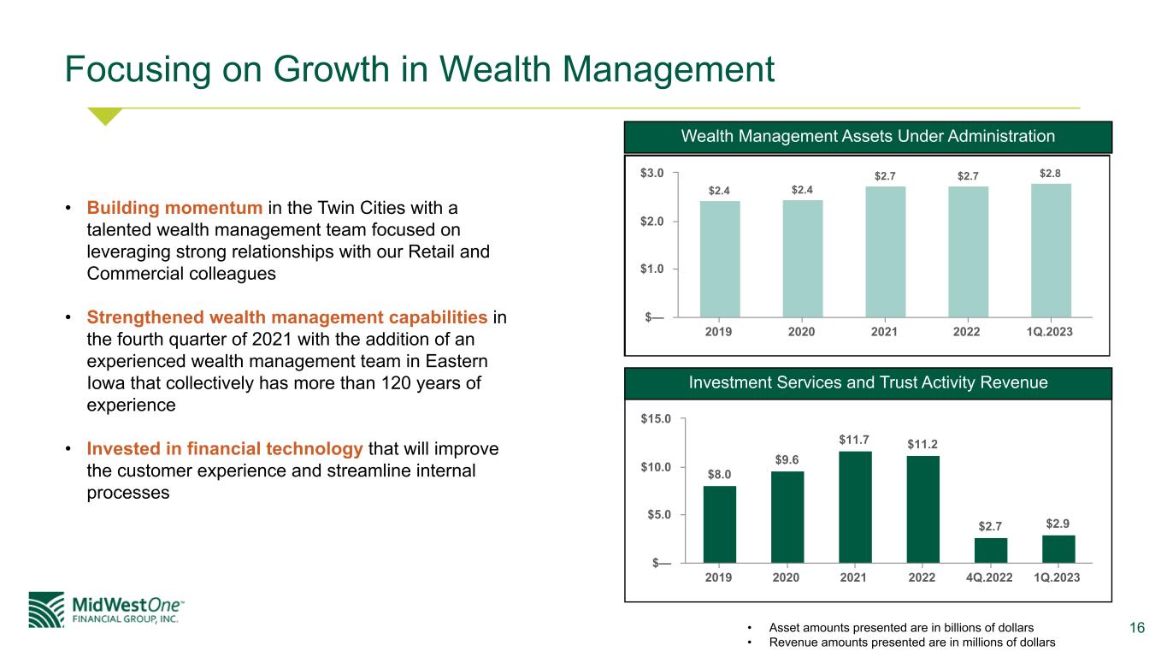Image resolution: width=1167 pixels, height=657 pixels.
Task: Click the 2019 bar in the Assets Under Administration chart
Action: (720, 258)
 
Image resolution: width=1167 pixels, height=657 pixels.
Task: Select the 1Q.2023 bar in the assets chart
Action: (1051, 251)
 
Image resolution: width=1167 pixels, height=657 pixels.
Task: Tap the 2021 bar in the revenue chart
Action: (855, 506)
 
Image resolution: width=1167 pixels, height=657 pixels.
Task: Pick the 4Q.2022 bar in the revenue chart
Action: (990, 550)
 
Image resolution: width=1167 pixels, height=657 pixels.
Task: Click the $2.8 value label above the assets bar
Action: (1050, 173)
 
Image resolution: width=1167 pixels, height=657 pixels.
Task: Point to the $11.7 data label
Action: (853, 440)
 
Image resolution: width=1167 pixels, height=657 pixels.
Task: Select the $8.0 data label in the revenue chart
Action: (719, 474)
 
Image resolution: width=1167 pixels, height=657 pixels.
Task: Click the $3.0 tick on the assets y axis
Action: (651, 173)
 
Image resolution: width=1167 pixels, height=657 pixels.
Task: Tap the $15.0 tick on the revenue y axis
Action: (656, 418)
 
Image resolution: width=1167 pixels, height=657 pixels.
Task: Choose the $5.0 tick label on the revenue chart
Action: (659, 515)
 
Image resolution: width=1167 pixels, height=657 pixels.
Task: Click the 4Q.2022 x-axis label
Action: (989, 577)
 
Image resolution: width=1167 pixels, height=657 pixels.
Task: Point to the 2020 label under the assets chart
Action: (801, 332)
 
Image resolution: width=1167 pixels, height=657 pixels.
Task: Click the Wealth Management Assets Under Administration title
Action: (868, 136)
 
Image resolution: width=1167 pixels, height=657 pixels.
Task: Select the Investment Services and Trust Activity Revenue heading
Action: (868, 382)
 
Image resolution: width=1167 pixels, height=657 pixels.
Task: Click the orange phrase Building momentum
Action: (174, 208)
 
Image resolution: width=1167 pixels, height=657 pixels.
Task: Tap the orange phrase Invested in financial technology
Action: (225, 448)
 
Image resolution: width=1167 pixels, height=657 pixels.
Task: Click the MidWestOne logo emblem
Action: (46, 610)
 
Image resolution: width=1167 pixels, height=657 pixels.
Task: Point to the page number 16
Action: (1137, 627)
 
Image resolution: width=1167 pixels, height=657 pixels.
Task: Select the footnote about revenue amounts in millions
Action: (911, 642)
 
